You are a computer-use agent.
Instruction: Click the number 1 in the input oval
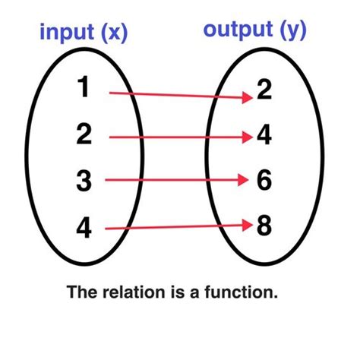[85, 90]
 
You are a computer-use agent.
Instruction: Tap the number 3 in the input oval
[84, 181]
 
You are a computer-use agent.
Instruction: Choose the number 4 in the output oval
[265, 137]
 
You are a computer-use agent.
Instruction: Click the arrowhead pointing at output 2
[248, 97]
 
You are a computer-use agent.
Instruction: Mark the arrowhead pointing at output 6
[243, 180]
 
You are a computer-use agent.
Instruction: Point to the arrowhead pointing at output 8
[246, 224]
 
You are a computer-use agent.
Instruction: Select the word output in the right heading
[238, 30]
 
